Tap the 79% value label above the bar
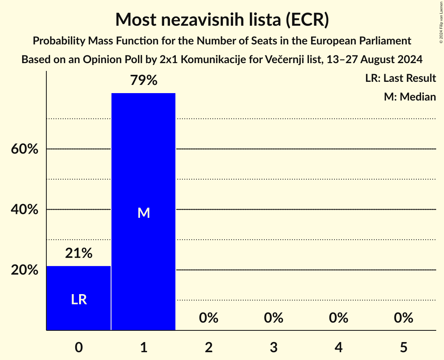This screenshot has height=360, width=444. point(143,81)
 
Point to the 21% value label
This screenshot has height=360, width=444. point(78,254)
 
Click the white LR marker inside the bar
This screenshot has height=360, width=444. point(79,300)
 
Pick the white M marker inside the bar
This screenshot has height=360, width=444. point(143,213)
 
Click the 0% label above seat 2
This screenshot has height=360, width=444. point(209,318)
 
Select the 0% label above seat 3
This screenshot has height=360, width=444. point(273,318)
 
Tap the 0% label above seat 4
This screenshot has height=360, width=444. point(338,318)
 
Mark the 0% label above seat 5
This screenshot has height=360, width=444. point(403,318)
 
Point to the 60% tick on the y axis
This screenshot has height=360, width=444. point(25,149)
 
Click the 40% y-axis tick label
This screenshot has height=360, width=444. point(25,210)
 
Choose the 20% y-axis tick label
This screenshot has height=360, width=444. point(25,270)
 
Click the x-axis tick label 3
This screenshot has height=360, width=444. point(273,347)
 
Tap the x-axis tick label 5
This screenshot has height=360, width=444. point(403,347)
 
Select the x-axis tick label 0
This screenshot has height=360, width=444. point(79,347)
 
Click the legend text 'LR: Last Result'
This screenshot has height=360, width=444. point(400,78)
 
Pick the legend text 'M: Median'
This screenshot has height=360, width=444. point(410,97)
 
